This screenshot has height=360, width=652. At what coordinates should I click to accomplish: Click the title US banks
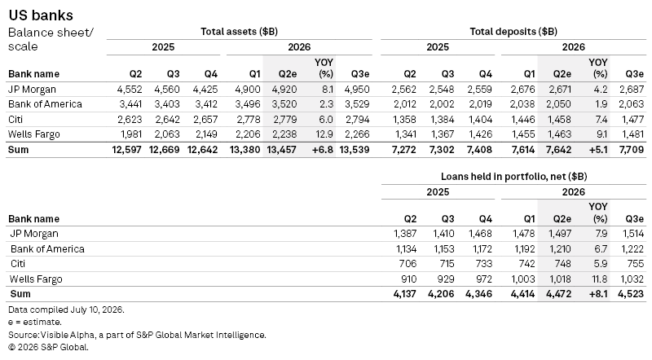[x=41, y=15]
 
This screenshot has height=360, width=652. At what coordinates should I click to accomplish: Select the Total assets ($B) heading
[x=239, y=32]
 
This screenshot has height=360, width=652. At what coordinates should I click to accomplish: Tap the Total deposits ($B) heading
[x=513, y=32]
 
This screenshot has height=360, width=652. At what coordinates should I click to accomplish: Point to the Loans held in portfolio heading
[x=514, y=177]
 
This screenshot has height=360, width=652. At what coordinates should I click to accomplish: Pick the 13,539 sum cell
[x=355, y=150]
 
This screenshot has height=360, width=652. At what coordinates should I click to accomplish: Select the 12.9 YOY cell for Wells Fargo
[x=324, y=134]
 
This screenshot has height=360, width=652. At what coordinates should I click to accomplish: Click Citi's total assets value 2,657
[x=205, y=120]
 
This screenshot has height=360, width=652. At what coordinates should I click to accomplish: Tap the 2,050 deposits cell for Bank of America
[x=558, y=104]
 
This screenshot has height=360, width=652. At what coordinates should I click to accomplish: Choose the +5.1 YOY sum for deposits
[x=598, y=150]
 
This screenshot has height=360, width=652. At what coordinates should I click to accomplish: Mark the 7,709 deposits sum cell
[x=631, y=150]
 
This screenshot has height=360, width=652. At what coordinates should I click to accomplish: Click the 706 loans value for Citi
[x=407, y=264]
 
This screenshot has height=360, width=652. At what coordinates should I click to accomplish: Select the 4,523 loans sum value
[x=631, y=294]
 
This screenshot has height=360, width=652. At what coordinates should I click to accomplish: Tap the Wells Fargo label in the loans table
[x=36, y=279]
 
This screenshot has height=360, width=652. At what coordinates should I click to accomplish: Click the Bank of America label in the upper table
[x=46, y=104]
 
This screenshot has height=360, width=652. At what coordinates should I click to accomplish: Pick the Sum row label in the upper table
[x=18, y=150]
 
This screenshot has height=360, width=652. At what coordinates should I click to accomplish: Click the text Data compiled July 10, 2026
[x=66, y=310]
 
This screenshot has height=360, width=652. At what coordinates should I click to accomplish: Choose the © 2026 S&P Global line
[x=48, y=347]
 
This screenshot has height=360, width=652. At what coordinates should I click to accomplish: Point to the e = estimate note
[x=35, y=323]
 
